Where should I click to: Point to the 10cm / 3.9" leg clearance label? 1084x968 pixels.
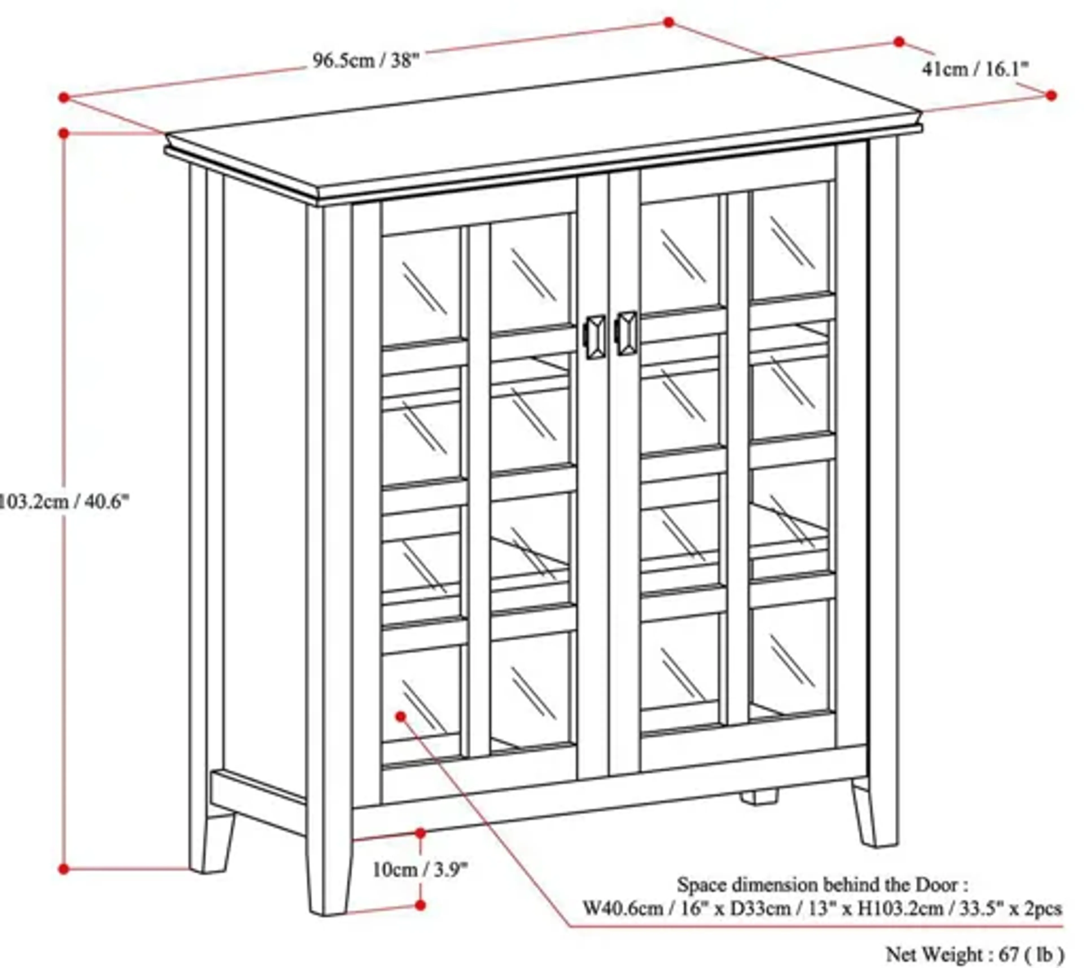420,870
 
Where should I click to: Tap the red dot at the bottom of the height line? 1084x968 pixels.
64,869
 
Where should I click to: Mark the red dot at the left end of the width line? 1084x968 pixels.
64,97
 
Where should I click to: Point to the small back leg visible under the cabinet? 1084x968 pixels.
759,796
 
